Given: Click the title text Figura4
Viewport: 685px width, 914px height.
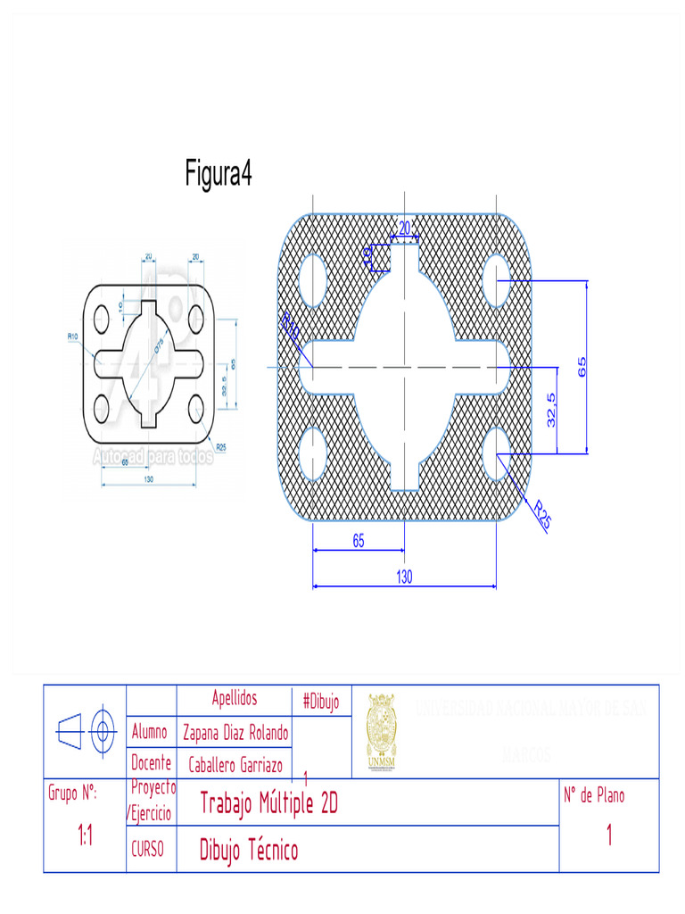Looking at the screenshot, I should pyautogui.click(x=219, y=172).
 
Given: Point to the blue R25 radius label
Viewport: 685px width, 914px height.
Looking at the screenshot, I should pyautogui.click(x=541, y=515).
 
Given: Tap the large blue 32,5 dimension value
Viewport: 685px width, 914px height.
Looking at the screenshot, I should pyautogui.click(x=552, y=410).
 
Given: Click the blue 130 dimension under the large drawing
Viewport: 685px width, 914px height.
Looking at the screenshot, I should pyautogui.click(x=404, y=577).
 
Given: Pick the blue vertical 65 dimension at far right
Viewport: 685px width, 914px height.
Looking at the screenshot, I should pyautogui.click(x=582, y=367).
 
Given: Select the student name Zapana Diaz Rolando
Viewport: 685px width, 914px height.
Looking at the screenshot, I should pyautogui.click(x=235, y=734).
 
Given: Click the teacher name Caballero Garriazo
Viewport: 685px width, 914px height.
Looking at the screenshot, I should pyautogui.click(x=235, y=765).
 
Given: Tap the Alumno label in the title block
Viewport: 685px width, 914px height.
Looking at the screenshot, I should pyautogui.click(x=150, y=733).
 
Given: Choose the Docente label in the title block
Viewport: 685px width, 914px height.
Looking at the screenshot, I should pyautogui.click(x=152, y=763).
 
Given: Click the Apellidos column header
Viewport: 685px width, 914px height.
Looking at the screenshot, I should pyautogui.click(x=235, y=699).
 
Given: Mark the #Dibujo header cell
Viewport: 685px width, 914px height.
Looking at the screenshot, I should pyautogui.click(x=321, y=702).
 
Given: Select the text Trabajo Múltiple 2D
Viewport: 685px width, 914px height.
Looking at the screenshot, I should pyautogui.click(x=268, y=803).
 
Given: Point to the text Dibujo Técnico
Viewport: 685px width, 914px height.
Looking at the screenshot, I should pyautogui.click(x=249, y=851).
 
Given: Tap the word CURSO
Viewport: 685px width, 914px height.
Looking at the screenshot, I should pyautogui.click(x=147, y=851).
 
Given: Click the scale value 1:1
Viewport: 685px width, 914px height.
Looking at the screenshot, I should pyautogui.click(x=86, y=836).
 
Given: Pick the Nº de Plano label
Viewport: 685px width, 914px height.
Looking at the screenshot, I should pyautogui.click(x=594, y=795).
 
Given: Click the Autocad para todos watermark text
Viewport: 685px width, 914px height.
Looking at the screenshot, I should pyautogui.click(x=153, y=457).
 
